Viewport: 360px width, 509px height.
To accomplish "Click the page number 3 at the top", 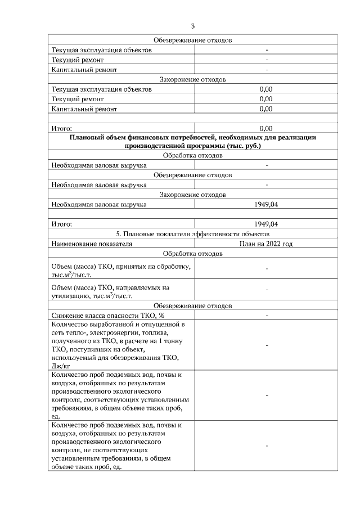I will pos(193,26).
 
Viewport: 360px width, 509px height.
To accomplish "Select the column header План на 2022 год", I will pos(266,244).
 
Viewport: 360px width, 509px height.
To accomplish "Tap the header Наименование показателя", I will pos(91,244).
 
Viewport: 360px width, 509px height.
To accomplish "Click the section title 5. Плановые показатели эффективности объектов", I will pos(193,233).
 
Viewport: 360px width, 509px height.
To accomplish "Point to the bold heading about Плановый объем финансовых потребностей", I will pos(193,141).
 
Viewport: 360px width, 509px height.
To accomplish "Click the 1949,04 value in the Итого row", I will pos(266,224).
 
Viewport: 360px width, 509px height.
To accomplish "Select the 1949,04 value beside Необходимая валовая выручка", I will pos(266,204).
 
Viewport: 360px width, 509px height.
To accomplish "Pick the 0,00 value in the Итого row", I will pos(266,128).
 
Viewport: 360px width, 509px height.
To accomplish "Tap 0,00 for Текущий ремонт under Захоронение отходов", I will pos(266,99).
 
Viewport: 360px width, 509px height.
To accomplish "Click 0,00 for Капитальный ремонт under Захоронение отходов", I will pos(266,109).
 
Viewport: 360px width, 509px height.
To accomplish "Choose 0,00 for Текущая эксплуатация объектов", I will pos(266,89).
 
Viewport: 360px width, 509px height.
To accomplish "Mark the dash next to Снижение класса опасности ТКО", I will pos(266,316).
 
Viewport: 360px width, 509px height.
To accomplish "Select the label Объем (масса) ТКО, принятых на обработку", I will pos(120,267).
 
